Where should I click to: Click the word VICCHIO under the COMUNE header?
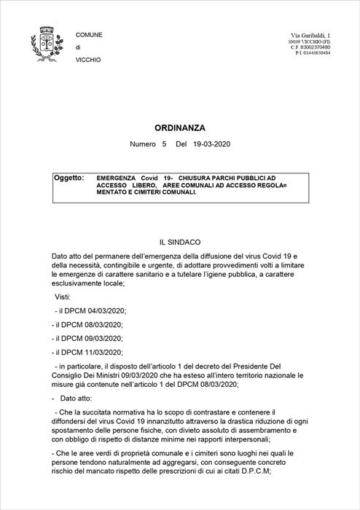pyautogui.click(x=87, y=59)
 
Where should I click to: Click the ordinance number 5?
pyautogui.click(x=165, y=145)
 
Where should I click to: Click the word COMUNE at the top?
pyautogui.click(x=89, y=35)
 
